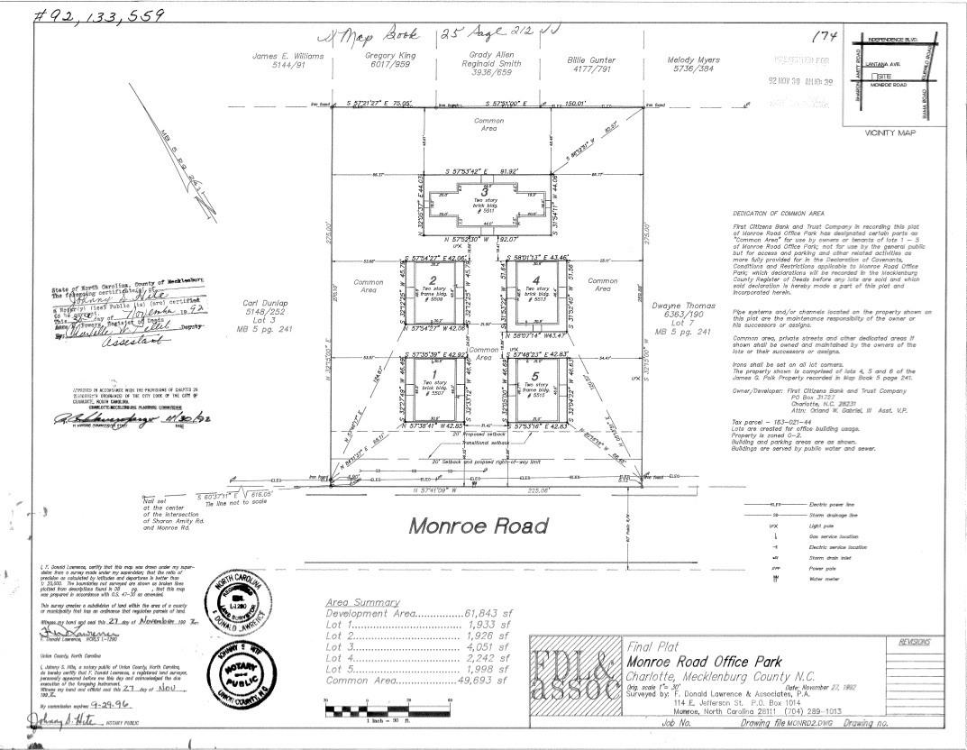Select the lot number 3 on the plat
tap(484, 192)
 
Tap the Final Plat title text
tap(652, 646)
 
